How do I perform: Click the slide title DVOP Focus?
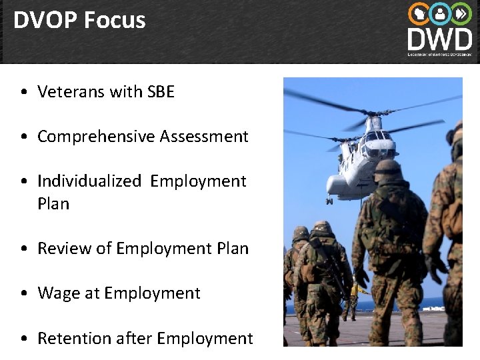(79, 20)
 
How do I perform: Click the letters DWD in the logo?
(440, 37)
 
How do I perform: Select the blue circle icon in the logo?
(440, 13)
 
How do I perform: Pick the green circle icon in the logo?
(461, 13)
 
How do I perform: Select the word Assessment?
(203, 137)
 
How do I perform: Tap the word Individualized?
(89, 181)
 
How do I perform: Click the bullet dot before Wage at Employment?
(24, 294)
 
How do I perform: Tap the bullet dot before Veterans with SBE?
(24, 92)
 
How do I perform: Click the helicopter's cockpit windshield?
(376, 136)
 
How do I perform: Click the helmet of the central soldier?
(386, 167)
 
